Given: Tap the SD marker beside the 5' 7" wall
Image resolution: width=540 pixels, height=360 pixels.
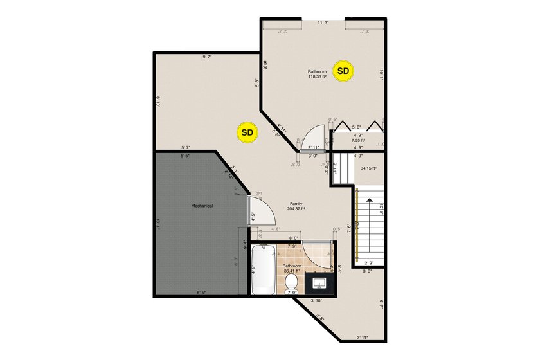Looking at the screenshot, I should click(247, 132).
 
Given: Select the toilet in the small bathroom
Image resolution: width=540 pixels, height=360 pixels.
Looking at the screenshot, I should click(291, 282).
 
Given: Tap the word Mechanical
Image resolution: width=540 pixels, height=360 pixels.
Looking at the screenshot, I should click(202, 206).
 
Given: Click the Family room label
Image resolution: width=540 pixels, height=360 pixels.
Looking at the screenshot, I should click(296, 203).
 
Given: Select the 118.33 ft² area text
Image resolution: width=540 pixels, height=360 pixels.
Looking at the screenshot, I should click(317, 77).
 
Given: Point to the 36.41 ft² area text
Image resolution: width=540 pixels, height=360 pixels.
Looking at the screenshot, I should click(293, 271).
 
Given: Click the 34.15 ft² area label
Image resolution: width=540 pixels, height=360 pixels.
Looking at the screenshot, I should click(368, 168).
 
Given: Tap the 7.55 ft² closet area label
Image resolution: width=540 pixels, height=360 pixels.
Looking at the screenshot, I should click(358, 140).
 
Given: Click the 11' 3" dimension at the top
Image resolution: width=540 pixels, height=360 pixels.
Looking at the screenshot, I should click(323, 23).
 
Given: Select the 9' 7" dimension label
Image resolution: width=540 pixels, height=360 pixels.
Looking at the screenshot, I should click(207, 58).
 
